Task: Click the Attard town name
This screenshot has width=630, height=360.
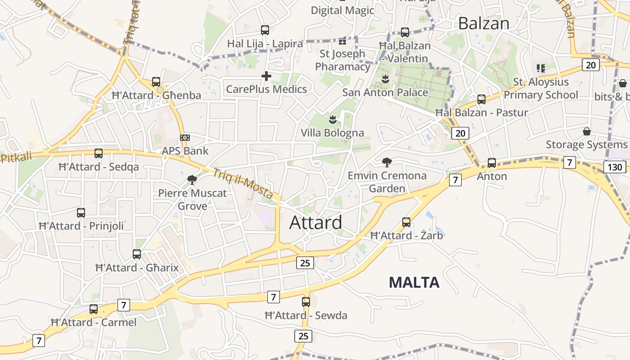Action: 315,222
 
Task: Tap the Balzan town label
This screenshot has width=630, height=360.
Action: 483,23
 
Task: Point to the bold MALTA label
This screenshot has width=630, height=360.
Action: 414,282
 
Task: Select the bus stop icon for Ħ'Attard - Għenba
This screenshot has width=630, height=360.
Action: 156,82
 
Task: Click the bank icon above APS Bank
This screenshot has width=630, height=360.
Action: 184,137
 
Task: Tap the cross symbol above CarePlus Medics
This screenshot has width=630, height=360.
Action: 266,76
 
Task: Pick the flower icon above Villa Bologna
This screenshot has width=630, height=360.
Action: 333,119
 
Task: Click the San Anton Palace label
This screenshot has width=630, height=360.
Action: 385,93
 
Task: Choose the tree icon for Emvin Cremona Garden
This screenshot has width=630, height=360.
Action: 387,162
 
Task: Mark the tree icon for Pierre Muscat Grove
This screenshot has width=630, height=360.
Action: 192,180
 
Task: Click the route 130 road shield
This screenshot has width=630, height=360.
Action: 614,167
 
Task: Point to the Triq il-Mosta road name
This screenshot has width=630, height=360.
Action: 243,184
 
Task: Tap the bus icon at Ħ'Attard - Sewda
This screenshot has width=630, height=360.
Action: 306,301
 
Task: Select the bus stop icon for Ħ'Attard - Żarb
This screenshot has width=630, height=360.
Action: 406,222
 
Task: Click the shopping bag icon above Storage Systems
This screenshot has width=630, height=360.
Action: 587,131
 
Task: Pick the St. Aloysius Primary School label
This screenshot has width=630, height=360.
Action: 540,89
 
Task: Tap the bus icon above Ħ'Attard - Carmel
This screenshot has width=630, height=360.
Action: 94,309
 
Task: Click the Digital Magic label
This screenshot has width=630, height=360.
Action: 342,10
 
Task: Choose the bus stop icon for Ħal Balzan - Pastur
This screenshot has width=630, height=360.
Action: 481,99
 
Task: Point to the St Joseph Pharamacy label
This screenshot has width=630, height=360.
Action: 342,60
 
